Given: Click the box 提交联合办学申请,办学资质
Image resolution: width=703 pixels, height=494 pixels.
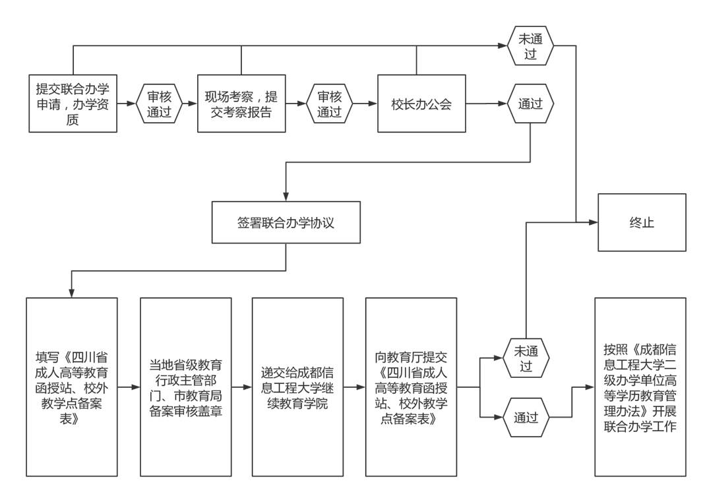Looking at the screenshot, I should tap(73, 104).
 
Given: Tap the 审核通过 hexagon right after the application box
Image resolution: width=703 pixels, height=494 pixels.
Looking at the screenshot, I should tap(159, 104).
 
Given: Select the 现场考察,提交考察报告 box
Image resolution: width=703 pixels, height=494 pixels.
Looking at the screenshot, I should tap(241, 104).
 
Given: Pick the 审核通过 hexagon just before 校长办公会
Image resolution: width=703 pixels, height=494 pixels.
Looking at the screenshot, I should tap(330, 104).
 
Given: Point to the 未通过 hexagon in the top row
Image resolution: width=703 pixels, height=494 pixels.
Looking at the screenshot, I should tap(530, 46).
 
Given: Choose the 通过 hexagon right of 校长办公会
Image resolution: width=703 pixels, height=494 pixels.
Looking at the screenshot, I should tap(530, 104).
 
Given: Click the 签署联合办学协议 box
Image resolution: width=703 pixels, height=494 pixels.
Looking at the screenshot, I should tap(286, 222).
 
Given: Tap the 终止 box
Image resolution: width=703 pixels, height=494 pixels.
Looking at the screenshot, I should tap(642, 222).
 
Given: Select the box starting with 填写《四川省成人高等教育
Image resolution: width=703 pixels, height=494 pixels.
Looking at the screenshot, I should tap(72, 386).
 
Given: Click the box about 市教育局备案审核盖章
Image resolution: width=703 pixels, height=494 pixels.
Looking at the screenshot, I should tap(185, 386).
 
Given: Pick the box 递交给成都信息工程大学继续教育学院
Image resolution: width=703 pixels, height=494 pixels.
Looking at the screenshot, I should tap(297, 386).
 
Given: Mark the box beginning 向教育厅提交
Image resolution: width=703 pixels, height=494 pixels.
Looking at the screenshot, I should tap(411, 386).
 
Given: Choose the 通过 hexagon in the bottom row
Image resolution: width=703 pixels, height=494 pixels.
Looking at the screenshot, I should tap(526, 417).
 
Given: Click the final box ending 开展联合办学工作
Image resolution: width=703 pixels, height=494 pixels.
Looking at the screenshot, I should tap(640, 386).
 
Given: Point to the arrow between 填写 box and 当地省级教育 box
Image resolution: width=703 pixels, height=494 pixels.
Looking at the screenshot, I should tap(129, 386).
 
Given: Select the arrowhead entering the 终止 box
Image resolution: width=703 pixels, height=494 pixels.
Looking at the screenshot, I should tap(594, 222).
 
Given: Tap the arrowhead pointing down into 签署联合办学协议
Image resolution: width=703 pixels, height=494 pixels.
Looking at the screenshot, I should tap(286, 197).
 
